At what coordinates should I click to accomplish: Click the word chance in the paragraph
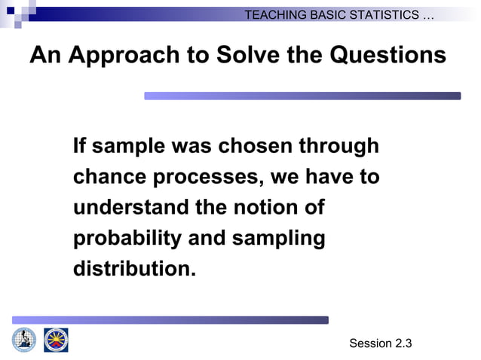(110, 177)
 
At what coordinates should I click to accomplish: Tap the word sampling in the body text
(278, 239)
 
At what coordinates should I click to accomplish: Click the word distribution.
(134, 269)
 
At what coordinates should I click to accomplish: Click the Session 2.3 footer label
(381, 343)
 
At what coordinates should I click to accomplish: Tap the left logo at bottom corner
(24, 340)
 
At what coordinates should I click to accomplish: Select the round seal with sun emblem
(56, 340)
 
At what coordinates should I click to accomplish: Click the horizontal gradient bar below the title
(302, 96)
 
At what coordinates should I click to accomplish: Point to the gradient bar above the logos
(170, 320)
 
